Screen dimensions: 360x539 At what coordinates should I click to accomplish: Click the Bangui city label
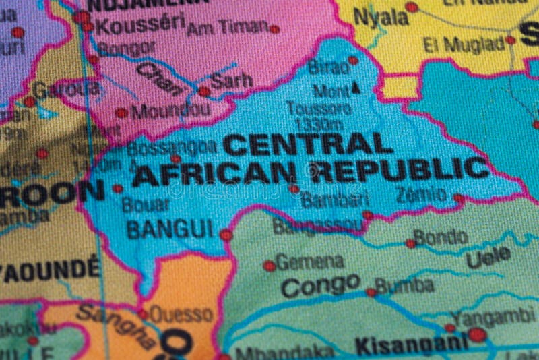(x=170, y=229)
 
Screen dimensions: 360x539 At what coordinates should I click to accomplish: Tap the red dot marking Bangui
(x=226, y=235)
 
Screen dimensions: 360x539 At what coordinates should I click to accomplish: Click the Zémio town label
(x=421, y=195)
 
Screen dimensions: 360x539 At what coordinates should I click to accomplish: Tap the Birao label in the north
(x=328, y=67)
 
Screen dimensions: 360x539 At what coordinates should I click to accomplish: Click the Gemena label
(x=310, y=262)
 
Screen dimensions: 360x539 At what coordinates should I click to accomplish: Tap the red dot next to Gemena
(x=269, y=266)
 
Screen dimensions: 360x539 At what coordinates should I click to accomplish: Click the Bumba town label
(x=404, y=286)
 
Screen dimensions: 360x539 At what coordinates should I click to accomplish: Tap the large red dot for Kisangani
(x=477, y=334)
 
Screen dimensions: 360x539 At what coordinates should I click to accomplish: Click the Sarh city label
(x=232, y=81)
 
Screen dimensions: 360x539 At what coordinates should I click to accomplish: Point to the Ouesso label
(x=181, y=314)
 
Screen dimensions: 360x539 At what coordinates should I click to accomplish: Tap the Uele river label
(x=488, y=257)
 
